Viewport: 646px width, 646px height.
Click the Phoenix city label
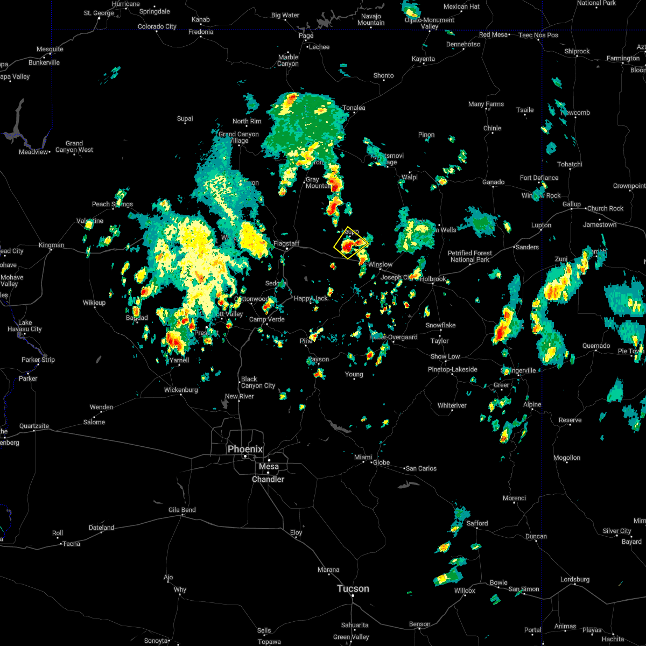tap(245, 449)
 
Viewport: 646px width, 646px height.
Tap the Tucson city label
tap(353, 588)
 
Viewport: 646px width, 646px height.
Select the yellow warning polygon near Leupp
tap(350, 243)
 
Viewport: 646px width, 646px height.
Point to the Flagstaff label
tap(286, 243)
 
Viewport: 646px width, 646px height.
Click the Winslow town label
tap(381, 264)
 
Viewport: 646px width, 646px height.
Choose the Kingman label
tap(51, 245)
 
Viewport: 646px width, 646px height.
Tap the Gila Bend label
tap(182, 509)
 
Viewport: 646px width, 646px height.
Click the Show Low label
tap(445, 356)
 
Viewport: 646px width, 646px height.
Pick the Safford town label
tap(477, 523)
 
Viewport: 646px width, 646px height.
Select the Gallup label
tap(572, 204)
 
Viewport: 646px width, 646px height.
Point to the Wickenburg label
tap(181, 389)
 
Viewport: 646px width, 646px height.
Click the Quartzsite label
tap(34, 426)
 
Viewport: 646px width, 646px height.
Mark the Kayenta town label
tap(423, 59)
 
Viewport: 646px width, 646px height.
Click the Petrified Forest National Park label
tap(470, 256)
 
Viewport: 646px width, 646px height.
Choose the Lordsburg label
tap(575, 579)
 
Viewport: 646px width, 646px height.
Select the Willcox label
tap(465, 591)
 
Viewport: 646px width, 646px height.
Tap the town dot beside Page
tap(306, 43)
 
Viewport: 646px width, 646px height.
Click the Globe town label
tap(381, 462)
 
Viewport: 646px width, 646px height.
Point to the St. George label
tap(99, 13)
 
